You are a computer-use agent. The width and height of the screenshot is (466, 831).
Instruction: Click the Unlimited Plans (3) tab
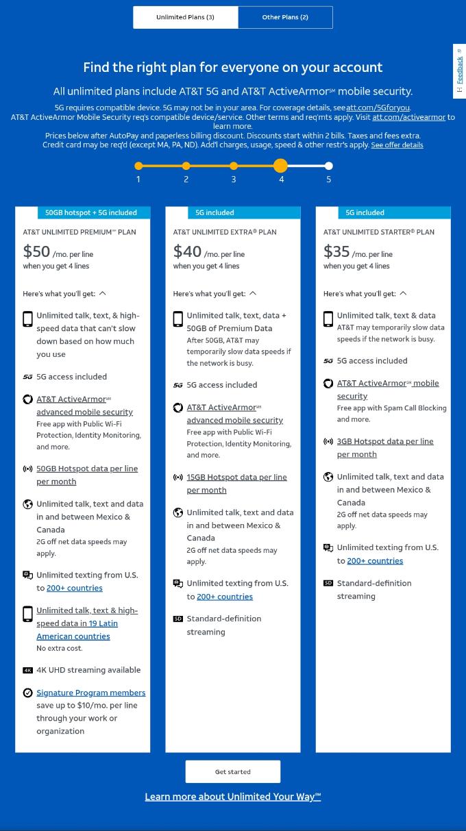[185, 17]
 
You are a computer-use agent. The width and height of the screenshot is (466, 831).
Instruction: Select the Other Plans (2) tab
[285, 17]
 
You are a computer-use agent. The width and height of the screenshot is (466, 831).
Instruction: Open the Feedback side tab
[459, 71]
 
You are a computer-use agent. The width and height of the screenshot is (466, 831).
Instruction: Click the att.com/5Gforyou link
[378, 108]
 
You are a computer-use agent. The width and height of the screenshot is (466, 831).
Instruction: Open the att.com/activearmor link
[408, 117]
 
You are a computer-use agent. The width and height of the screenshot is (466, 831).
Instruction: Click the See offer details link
[397, 145]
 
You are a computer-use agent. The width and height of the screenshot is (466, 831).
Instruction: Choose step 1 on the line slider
[138, 166]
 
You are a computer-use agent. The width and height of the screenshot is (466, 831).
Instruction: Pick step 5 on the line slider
[329, 166]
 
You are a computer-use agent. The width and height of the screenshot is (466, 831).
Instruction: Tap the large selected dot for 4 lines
[280, 166]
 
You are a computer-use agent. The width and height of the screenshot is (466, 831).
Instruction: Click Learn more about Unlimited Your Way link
[232, 796]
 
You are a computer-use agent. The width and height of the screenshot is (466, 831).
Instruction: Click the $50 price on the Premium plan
[36, 251]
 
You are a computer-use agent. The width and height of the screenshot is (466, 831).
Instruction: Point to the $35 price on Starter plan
[336, 251]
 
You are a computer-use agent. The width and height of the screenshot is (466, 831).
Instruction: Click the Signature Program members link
[90, 693]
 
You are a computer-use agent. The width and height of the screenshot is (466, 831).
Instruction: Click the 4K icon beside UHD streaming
[27, 670]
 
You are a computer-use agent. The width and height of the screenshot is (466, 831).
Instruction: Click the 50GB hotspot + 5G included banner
[90, 212]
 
